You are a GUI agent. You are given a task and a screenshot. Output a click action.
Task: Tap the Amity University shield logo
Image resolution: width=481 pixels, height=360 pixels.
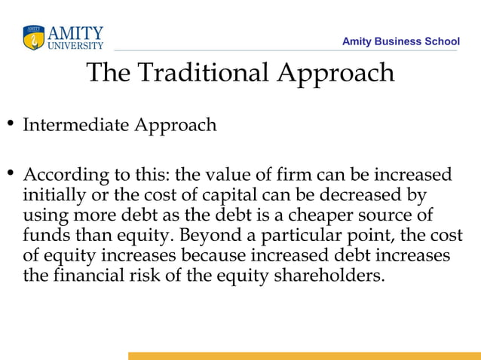coord(34,38)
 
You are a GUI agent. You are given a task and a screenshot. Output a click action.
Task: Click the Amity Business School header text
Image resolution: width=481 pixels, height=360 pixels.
coord(400,41)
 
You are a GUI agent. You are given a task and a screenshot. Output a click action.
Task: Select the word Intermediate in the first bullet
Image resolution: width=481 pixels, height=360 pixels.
coord(75,124)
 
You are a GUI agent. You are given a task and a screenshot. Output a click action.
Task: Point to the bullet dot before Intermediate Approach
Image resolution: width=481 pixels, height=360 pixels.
coord(11,124)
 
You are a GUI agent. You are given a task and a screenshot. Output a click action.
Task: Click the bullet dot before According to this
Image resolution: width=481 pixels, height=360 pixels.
coord(11,175)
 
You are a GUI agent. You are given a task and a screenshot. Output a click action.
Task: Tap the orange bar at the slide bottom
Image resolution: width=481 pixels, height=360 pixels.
coord(304,355)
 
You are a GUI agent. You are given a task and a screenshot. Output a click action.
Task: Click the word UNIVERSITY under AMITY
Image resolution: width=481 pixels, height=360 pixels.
coord(75,45)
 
